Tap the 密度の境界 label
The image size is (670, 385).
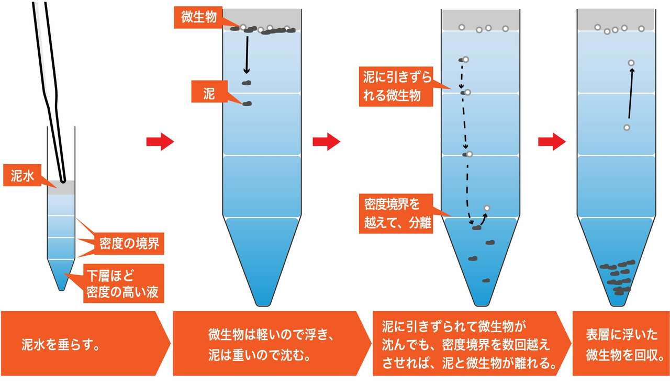click(x=129, y=243)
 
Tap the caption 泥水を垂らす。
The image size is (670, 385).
click(x=61, y=345)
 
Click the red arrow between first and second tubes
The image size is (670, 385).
click(x=160, y=141)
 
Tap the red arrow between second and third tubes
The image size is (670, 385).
click(x=326, y=141)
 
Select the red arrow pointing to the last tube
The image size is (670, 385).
click(x=552, y=141)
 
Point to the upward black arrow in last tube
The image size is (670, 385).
click(x=630, y=94)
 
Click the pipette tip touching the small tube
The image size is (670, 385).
click(x=62, y=180)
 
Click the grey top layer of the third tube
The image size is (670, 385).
click(x=481, y=20)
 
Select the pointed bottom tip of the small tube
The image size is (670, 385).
click(x=61, y=287)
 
